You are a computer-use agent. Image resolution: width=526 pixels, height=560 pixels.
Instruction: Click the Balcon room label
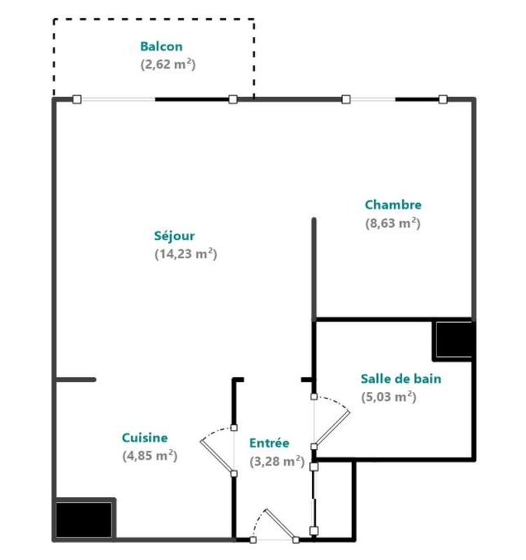pyautogui.click(x=162, y=47)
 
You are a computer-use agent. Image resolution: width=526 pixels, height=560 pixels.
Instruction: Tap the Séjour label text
pyautogui.click(x=174, y=236)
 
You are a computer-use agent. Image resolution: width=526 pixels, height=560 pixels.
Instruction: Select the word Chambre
pyautogui.click(x=393, y=205)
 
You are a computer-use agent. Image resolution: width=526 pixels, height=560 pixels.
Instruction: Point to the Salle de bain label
pyautogui.click(x=401, y=379)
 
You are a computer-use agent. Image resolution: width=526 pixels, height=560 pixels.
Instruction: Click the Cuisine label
pyautogui.click(x=145, y=438)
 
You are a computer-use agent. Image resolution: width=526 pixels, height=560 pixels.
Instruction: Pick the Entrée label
pyautogui.click(x=269, y=443)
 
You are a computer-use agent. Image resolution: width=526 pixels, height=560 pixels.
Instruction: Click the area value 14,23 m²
pyautogui.click(x=185, y=255)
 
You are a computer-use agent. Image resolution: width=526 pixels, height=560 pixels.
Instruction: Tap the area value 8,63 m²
pyautogui.click(x=392, y=223)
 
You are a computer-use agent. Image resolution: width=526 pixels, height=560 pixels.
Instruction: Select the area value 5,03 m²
pyautogui.click(x=389, y=398)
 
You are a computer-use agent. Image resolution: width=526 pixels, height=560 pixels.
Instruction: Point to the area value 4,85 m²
pyautogui.click(x=149, y=456)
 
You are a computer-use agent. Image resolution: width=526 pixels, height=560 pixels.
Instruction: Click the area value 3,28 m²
pyautogui.click(x=276, y=461)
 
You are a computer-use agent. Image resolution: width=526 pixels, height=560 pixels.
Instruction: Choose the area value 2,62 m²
pyautogui.click(x=167, y=65)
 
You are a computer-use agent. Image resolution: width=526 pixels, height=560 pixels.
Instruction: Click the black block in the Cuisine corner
pyautogui.click(x=84, y=519)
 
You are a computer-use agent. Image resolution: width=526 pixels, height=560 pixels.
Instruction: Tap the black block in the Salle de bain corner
pyautogui.click(x=454, y=339)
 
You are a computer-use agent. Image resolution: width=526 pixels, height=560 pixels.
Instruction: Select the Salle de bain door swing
pyautogui.click(x=332, y=423)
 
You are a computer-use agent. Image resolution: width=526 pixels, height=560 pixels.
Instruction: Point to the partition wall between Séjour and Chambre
pyautogui.click(x=314, y=269)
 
